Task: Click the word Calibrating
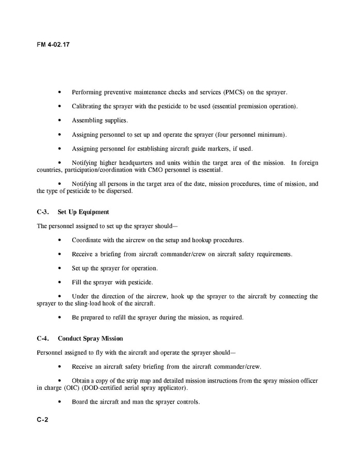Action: pos(88,106)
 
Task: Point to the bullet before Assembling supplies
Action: pos(60,121)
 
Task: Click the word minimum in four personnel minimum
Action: pos(270,135)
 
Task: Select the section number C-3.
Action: pos(43,212)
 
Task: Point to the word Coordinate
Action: pos(89,240)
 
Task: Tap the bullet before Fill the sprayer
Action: pos(60,282)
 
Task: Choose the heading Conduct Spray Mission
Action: pos(90,339)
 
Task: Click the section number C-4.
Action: pos(43,339)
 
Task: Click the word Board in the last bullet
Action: pos(80,402)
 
